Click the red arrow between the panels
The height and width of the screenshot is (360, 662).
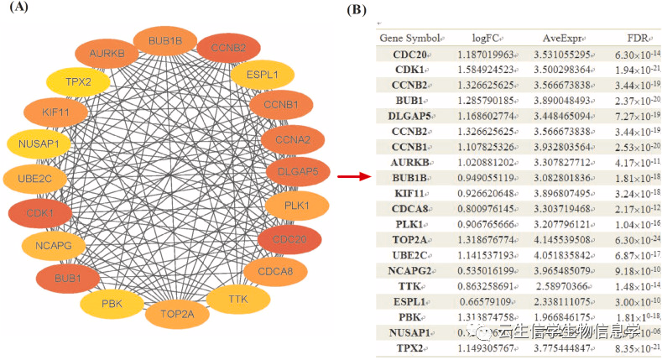[x=354, y=176]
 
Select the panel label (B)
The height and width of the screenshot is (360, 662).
[x=357, y=10]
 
